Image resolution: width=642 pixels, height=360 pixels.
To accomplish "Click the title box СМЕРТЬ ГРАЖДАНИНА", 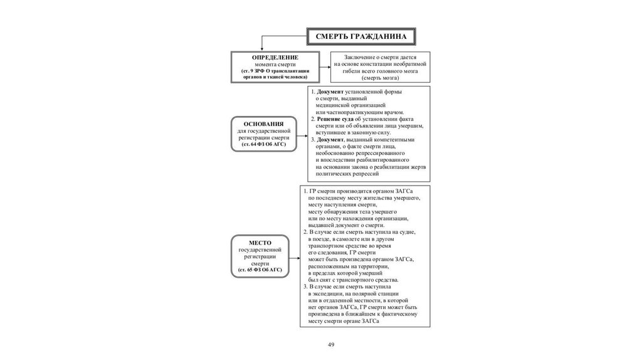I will coord(360,36).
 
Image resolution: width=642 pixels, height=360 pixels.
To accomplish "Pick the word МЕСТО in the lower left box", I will coord(259,243).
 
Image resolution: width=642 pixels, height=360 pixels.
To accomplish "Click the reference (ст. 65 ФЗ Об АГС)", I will coord(260,269).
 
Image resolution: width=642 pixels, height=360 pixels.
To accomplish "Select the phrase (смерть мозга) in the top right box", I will coord(379,78).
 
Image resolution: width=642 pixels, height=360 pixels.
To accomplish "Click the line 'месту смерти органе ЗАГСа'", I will coord(343,320).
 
